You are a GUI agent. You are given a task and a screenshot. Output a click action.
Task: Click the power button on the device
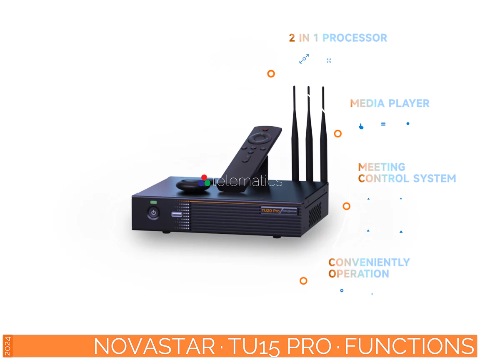click(154, 213)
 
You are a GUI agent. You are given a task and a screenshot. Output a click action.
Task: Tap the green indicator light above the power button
click(154, 202)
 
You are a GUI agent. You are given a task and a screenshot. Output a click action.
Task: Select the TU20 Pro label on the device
click(271, 210)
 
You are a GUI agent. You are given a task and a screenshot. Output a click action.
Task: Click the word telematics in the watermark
click(247, 182)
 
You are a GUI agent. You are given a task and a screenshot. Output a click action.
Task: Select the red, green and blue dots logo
click(204, 181)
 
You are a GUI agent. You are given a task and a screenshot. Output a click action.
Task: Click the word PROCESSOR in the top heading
click(355, 38)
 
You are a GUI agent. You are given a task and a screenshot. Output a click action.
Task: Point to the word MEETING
click(382, 167)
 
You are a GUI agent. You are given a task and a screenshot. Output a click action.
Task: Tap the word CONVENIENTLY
click(369, 262)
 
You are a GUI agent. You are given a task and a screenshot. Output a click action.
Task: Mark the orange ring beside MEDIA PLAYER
click(338, 134)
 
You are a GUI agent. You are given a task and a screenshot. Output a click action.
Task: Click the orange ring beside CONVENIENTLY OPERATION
click(303, 281)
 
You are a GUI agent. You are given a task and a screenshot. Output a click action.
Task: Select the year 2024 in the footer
click(8, 346)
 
